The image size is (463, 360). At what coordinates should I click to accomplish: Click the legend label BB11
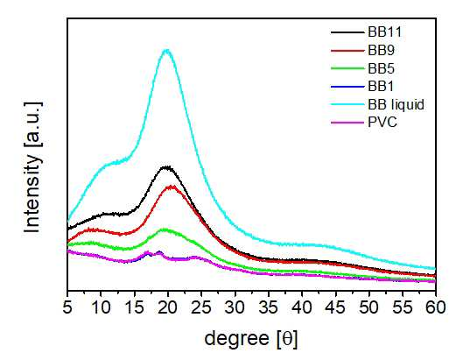[x=384, y=32]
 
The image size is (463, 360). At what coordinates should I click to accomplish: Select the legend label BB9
[x=381, y=51]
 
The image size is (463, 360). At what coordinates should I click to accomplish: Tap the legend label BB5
[x=381, y=68]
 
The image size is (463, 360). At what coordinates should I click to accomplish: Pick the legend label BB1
[x=381, y=87]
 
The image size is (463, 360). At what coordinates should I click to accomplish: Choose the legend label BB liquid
[x=396, y=104]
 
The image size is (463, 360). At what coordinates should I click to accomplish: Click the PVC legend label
[x=382, y=122]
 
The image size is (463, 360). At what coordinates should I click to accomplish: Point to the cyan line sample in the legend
[x=347, y=104]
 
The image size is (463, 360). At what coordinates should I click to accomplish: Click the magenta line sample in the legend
[x=347, y=123]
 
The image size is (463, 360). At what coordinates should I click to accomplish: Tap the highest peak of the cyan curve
[x=167, y=50]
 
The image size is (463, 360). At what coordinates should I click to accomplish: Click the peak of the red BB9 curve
[x=172, y=187]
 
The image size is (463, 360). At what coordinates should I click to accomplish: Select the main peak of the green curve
[x=165, y=229]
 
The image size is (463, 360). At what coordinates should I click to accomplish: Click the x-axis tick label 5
[x=67, y=307]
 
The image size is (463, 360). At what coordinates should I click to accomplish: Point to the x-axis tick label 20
[x=168, y=307]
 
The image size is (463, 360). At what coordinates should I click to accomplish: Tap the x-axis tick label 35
[x=269, y=307]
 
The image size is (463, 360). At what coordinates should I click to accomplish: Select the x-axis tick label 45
[x=335, y=307]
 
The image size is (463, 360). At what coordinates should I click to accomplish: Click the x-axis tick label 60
[x=436, y=307]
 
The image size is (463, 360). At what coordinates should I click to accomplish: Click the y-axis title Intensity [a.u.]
[x=32, y=167]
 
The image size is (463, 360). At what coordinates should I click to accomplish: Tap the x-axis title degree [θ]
[x=251, y=339]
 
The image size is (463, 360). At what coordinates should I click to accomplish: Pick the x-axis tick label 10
[x=101, y=307]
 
